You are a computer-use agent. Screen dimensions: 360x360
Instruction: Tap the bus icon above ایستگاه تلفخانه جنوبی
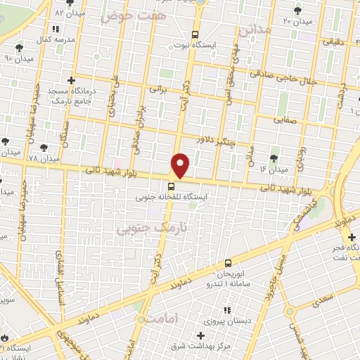coord(171,186)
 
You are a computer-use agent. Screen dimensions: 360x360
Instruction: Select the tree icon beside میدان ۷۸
coord(44,148)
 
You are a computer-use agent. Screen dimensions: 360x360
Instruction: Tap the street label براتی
coord(158,89)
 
